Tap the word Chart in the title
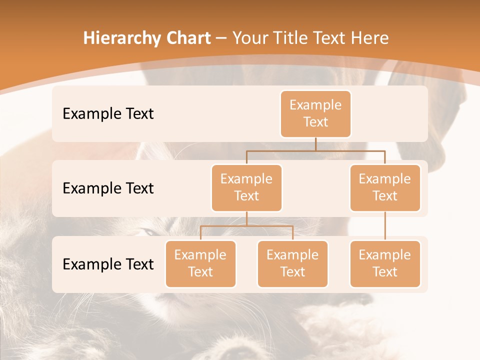[186, 38]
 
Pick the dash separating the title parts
[221, 38]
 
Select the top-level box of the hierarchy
[315, 113]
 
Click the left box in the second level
[246, 187]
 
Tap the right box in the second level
[385, 187]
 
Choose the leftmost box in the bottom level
[200, 263]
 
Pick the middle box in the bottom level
[292, 263]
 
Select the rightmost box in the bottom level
[385, 263]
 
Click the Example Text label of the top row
[108, 114]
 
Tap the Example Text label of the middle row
[108, 188]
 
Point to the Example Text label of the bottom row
[108, 264]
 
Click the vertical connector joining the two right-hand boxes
[385, 226]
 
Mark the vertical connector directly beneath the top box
[315, 144]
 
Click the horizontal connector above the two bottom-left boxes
[246, 226]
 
